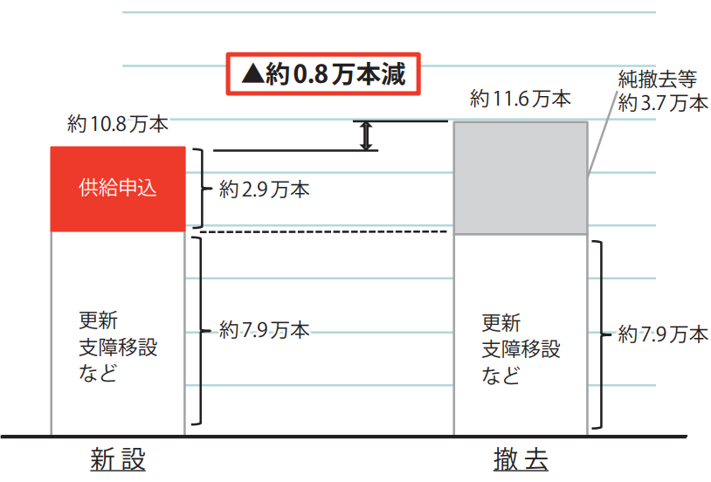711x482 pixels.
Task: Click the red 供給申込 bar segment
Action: pyautogui.click(x=118, y=189)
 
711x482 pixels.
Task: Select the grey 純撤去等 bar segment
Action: pyautogui.click(x=521, y=178)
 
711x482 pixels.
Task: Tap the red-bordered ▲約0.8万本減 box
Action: pyautogui.click(x=323, y=74)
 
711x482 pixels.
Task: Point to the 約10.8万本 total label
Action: pyautogui.click(x=118, y=124)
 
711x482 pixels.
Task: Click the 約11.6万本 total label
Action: pyautogui.click(x=520, y=99)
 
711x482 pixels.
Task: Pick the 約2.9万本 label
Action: pyautogui.click(x=265, y=189)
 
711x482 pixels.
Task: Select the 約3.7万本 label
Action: pyautogui.click(x=663, y=103)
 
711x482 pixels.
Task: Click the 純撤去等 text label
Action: pyautogui.click(x=658, y=79)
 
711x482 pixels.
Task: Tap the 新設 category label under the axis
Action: pyautogui.click(x=118, y=459)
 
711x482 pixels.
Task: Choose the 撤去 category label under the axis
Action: pyautogui.click(x=521, y=459)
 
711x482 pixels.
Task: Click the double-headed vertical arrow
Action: pyautogui.click(x=366, y=135)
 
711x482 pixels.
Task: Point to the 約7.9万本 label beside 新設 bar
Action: pyautogui.click(x=265, y=330)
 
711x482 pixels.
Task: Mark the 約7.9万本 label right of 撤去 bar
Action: pyautogui.click(x=663, y=334)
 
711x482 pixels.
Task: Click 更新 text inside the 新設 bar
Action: pyautogui.click(x=99, y=320)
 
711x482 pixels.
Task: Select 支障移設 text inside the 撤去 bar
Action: pyautogui.click(x=521, y=349)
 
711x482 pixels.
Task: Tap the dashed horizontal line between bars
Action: pyautogui.click(x=324, y=231)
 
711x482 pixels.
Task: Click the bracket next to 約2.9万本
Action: pyautogui.click(x=203, y=189)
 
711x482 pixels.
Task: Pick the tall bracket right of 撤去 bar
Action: pyautogui.click(x=602, y=334)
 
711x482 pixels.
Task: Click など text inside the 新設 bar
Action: pyautogui.click(x=98, y=373)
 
